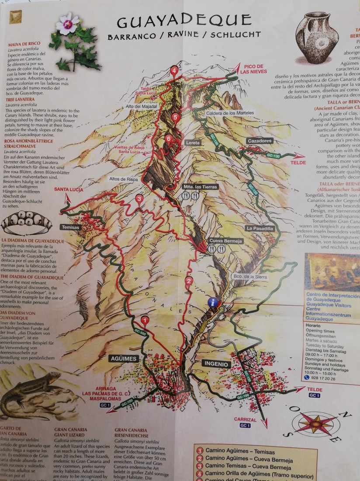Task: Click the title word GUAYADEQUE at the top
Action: (184, 21)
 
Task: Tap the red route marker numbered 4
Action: (175, 71)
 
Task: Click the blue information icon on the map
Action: (213, 302)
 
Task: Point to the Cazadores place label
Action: (260, 141)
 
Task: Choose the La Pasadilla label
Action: (260, 228)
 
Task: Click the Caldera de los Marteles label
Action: (230, 113)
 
